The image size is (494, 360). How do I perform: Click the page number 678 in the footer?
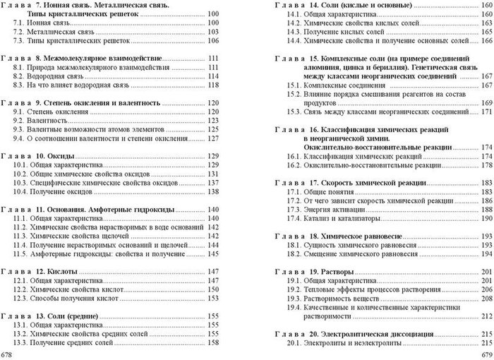click(x=8, y=352)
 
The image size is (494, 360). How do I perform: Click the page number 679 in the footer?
click(x=485, y=352)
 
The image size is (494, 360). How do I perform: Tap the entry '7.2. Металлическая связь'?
click(x=59, y=32)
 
